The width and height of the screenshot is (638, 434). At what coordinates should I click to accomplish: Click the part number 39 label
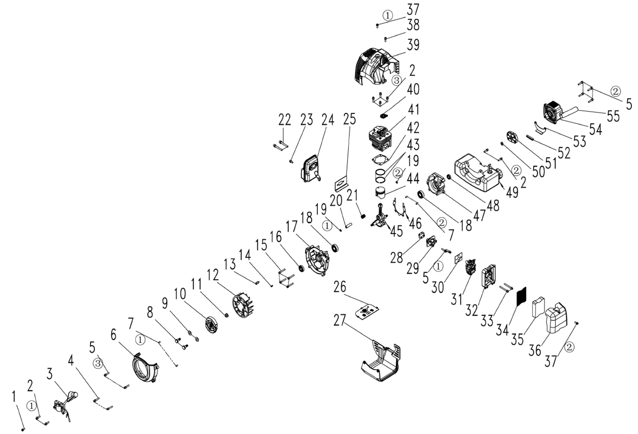pyautogui.click(x=413, y=45)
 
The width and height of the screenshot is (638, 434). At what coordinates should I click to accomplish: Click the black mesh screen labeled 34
pyautogui.click(x=522, y=296)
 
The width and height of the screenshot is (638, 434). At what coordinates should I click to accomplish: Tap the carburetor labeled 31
pyautogui.click(x=471, y=268)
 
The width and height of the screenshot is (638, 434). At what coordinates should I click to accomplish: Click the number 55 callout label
pyautogui.click(x=613, y=116)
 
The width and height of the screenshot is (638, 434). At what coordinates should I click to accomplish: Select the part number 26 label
pyautogui.click(x=340, y=287)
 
